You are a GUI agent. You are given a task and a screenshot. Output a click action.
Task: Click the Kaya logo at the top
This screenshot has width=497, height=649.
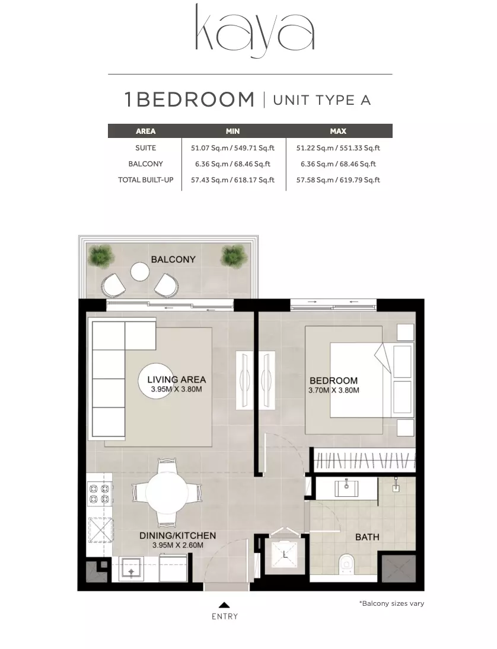(x=254, y=31)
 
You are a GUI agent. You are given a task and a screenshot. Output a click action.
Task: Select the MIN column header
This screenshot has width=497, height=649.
(x=232, y=131)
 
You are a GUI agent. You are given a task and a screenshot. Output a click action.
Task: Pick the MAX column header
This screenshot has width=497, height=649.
(x=338, y=131)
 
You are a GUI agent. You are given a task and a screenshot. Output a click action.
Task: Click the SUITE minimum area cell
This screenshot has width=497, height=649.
(x=232, y=148)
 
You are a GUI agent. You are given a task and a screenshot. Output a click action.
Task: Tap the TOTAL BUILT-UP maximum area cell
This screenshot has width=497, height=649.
(x=338, y=180)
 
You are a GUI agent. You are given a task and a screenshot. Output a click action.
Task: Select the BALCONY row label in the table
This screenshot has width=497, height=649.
(x=145, y=164)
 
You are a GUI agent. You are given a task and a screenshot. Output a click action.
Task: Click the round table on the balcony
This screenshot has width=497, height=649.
(x=140, y=272)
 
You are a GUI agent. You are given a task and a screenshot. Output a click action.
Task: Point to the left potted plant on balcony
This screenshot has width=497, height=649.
(x=101, y=256)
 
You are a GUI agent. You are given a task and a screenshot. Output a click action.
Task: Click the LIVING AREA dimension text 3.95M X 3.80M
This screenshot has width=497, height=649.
(x=176, y=389)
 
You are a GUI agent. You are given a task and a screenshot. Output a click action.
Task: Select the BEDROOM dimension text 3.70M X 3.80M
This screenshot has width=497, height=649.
(x=334, y=390)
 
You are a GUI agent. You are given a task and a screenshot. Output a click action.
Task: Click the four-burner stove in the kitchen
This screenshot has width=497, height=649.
(x=100, y=494)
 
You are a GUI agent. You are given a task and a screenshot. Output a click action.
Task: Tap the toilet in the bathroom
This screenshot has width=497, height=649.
(x=346, y=565)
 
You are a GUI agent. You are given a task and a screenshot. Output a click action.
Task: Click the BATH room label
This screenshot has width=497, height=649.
(x=367, y=537)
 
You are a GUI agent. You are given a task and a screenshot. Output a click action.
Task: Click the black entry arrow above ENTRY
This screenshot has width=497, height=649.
(x=224, y=605)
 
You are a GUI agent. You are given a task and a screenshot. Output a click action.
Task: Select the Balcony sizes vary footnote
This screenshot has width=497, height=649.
(x=391, y=603)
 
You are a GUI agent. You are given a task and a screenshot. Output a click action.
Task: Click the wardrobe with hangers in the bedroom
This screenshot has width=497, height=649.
(x=364, y=460)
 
